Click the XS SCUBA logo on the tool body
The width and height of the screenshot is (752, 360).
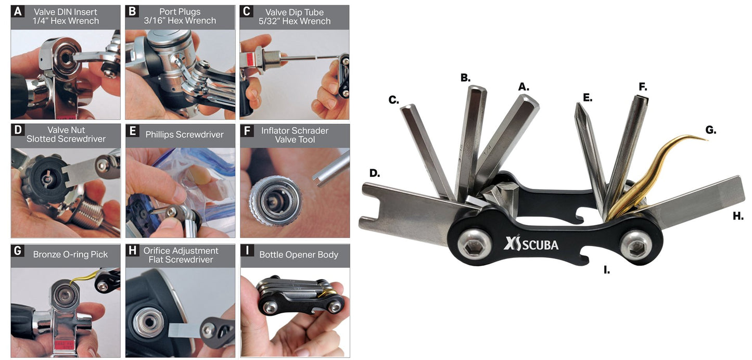click(531, 243)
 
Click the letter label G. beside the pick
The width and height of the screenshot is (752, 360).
click(710, 130)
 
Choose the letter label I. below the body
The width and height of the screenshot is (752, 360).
click(607, 270)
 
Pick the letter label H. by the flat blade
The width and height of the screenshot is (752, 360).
click(738, 216)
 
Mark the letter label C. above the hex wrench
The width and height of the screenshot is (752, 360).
click(394, 99)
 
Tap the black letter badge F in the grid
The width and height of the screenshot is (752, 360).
click(247, 130)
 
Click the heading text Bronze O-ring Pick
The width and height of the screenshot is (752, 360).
click(70, 254)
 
